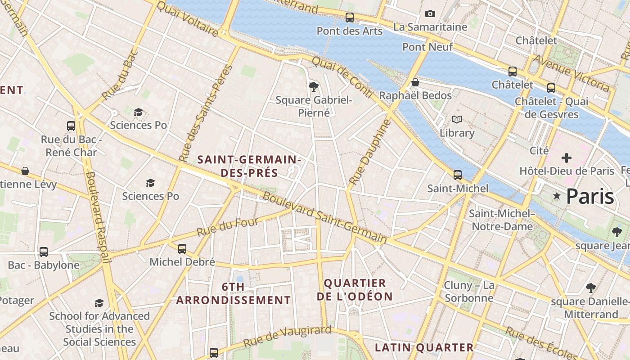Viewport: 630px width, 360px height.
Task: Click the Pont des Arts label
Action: [349, 31]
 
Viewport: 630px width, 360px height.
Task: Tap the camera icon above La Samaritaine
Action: [430, 14]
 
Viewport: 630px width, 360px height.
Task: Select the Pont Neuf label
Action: [427, 47]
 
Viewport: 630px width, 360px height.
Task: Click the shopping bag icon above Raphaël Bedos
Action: [415, 82]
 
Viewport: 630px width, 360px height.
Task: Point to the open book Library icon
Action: [457, 120]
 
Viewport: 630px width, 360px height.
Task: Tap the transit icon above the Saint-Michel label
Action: [458, 175]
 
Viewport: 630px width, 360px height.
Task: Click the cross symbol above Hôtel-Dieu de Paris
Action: [567, 158]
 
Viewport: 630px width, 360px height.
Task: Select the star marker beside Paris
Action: [557, 196]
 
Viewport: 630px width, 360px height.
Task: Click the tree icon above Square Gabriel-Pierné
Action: [314, 86]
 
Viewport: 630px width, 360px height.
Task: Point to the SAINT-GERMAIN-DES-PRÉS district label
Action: [249, 166]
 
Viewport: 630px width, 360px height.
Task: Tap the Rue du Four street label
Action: [228, 227]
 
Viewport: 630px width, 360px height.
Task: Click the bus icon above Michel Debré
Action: [182, 248]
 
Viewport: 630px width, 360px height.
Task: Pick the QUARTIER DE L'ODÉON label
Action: [355, 289]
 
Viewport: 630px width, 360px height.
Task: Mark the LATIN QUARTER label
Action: [424, 347]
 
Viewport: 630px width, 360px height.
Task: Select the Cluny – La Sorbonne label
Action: [469, 291]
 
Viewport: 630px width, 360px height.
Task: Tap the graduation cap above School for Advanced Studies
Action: [99, 303]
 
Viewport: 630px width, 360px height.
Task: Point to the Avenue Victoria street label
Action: [571, 72]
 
